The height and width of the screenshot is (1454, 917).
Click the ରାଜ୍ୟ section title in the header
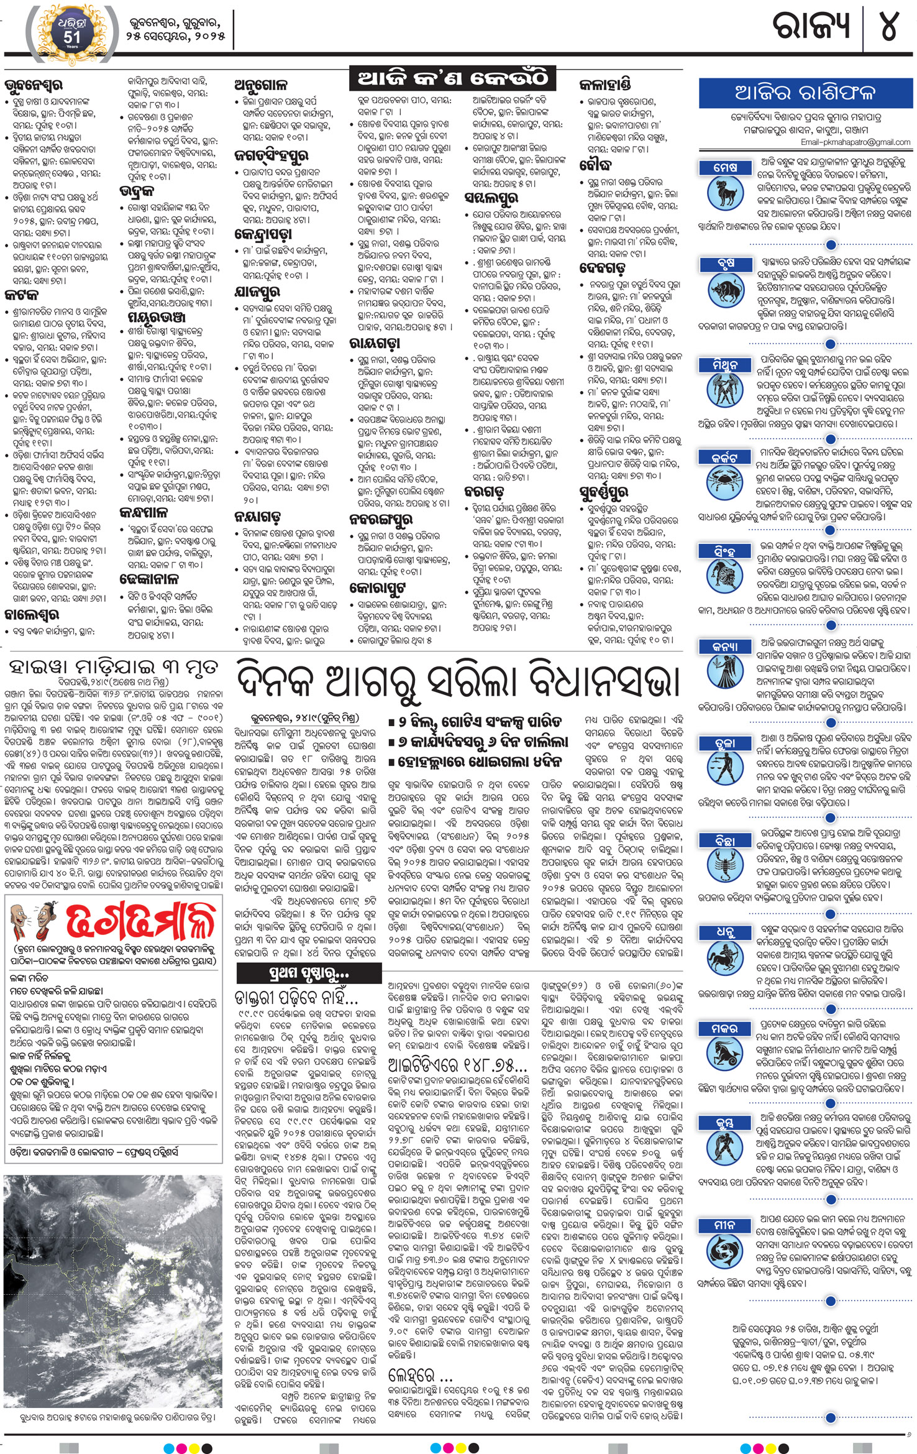[811, 27]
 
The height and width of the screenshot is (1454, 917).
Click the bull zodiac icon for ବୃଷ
[725, 290]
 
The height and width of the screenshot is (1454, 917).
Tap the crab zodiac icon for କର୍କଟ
[725, 484]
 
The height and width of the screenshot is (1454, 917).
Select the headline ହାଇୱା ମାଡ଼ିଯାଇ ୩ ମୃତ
[113, 668]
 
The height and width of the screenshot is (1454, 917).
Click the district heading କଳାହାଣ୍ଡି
[605, 85]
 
